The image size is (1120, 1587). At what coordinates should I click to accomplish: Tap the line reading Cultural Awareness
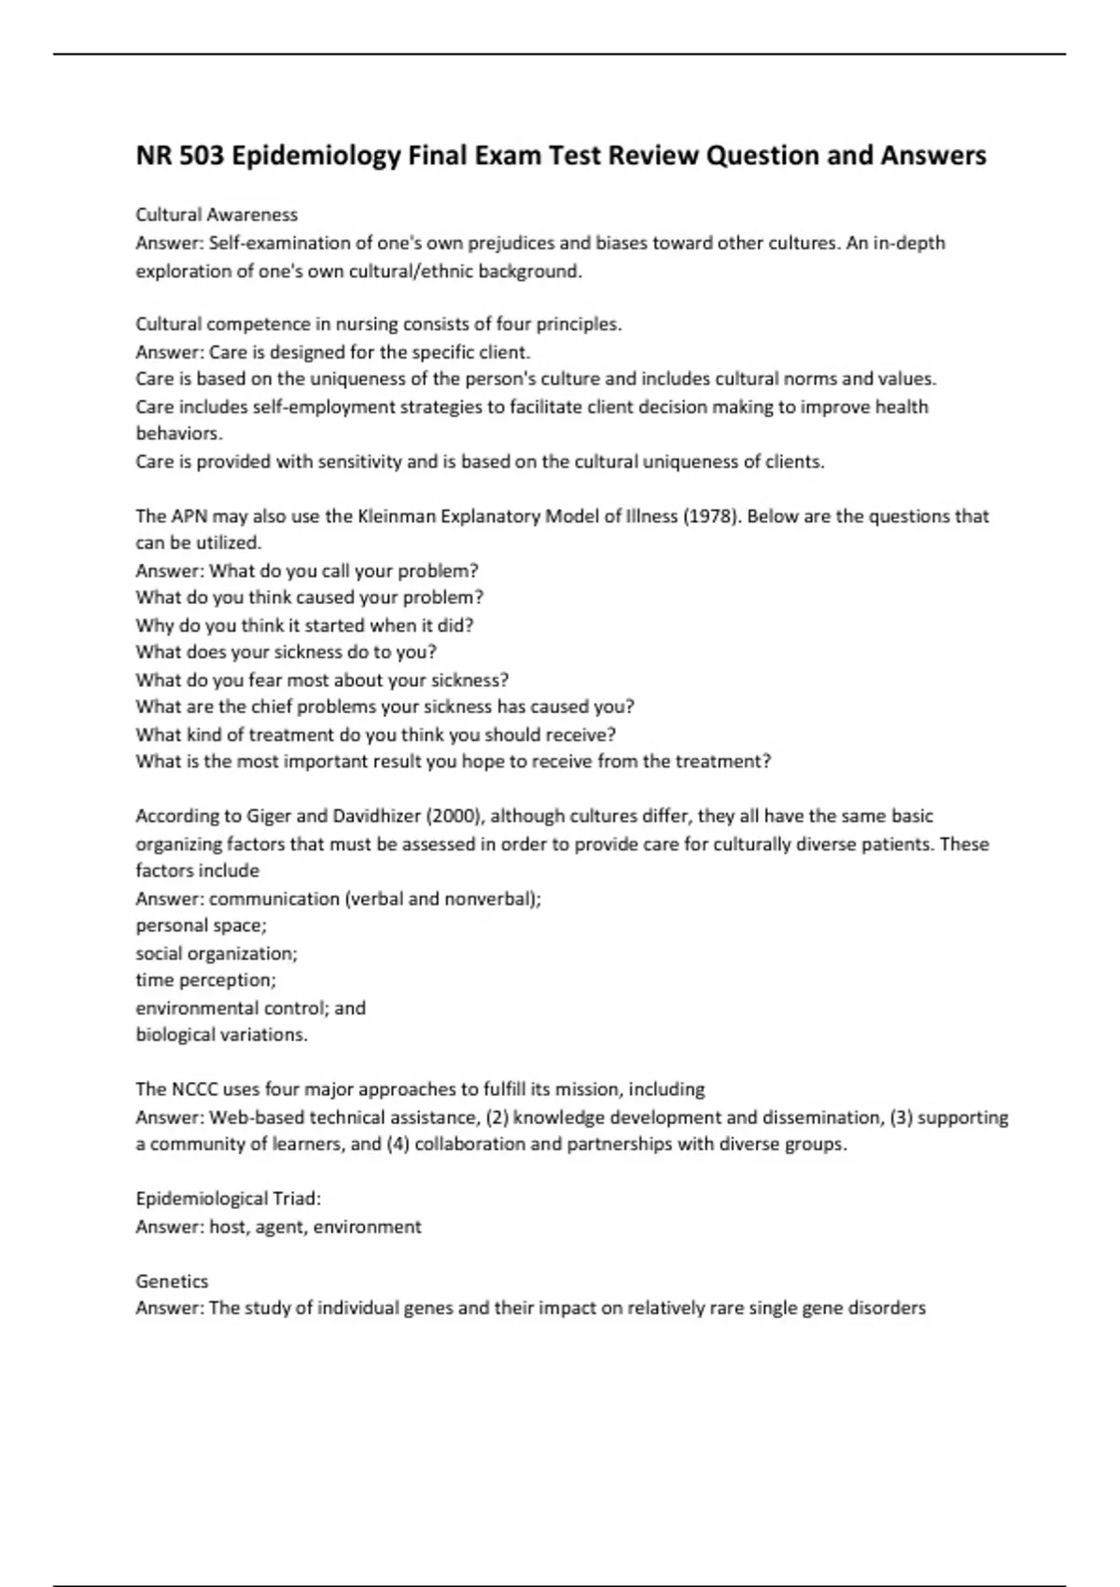pyautogui.click(x=217, y=215)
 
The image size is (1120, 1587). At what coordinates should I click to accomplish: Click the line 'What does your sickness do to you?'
pyautogui.click(x=286, y=652)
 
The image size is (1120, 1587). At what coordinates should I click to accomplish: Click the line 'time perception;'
pyautogui.click(x=205, y=980)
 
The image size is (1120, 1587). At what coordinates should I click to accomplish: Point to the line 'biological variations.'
pyautogui.click(x=221, y=1034)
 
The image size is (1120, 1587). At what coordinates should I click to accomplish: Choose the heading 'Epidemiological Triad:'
pyautogui.click(x=228, y=1199)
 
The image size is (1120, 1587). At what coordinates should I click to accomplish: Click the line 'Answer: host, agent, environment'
pyautogui.click(x=278, y=1227)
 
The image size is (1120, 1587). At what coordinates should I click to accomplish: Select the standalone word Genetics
pyautogui.click(x=172, y=1281)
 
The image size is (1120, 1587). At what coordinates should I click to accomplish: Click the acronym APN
pyautogui.click(x=189, y=516)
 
